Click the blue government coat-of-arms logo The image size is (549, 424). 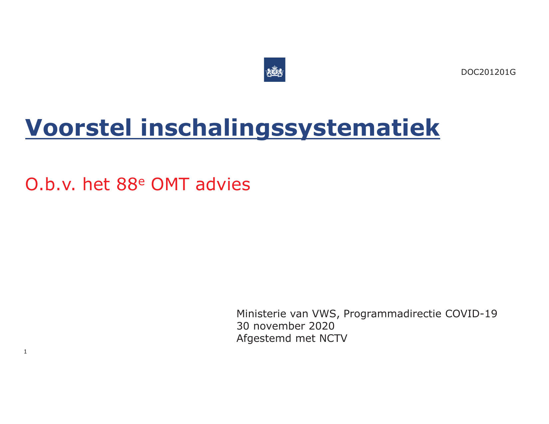coord(274,70)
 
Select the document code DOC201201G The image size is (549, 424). coord(488,72)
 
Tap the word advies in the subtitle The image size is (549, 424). coord(223,185)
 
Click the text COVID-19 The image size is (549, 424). coord(471,314)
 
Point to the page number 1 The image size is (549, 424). coord(26,352)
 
